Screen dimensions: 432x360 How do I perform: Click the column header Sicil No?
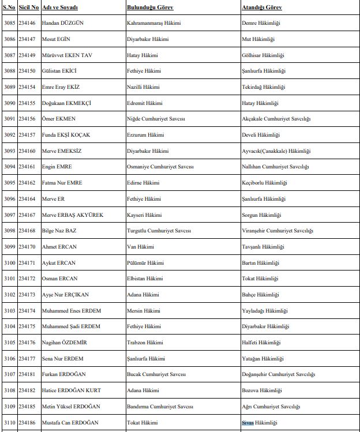[x=28, y=7]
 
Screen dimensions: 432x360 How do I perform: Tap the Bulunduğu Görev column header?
[x=150, y=7]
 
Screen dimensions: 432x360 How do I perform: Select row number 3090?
[x=9, y=103]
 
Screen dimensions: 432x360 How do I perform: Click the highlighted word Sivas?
[x=247, y=423]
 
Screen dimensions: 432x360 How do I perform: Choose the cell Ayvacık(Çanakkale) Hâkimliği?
[x=276, y=151]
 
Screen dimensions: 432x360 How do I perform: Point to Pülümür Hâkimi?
[x=144, y=263]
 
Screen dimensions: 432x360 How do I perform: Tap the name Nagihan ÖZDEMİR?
[x=65, y=343]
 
